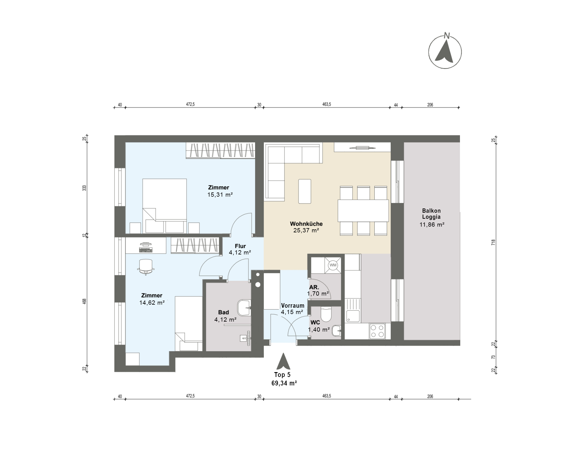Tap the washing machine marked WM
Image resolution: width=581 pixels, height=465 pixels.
[x=333, y=265]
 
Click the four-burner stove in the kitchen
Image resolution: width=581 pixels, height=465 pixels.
[x=377, y=331]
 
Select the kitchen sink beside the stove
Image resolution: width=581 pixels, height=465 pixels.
[x=353, y=311]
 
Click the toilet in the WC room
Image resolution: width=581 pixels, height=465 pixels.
[x=326, y=314]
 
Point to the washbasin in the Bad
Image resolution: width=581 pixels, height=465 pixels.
[x=244, y=308]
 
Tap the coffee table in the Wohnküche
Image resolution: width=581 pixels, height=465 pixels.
[x=305, y=191]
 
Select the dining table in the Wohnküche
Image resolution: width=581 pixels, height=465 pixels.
[x=363, y=211]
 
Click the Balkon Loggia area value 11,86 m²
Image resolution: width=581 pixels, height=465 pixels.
[x=432, y=224]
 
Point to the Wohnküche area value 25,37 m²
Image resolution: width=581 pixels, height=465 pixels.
[x=306, y=231]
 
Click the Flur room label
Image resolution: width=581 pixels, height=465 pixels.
[x=240, y=246]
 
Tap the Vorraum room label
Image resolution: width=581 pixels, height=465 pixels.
[x=293, y=306]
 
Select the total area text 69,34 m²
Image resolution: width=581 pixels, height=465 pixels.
[x=284, y=383]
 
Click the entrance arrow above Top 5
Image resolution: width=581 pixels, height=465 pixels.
[x=284, y=361]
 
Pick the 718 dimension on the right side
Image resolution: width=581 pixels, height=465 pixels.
[x=493, y=242]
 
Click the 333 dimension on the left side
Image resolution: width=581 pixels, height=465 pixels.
[x=85, y=188]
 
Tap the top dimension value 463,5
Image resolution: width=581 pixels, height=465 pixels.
[x=327, y=104]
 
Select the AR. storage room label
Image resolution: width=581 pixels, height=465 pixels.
[x=314, y=287]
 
